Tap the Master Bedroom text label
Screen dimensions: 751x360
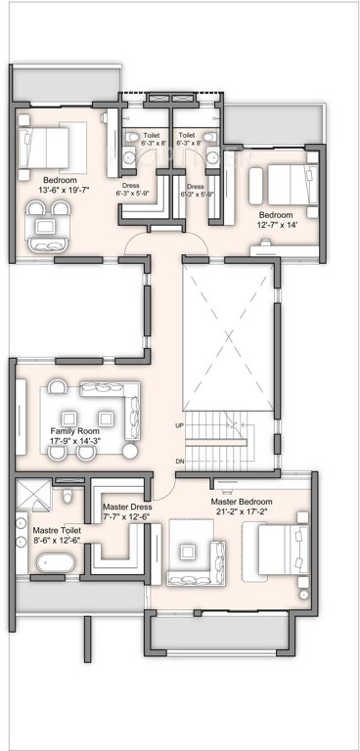(x=242, y=502)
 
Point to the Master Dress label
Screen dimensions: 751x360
(x=125, y=506)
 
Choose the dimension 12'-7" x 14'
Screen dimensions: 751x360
(x=275, y=224)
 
